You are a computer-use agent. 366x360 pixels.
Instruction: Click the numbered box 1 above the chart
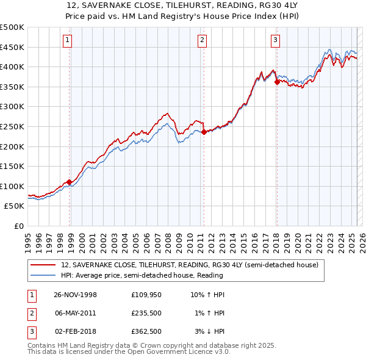point(66,41)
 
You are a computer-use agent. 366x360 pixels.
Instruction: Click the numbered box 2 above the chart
point(202,41)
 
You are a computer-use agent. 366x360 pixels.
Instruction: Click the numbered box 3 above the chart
point(275,41)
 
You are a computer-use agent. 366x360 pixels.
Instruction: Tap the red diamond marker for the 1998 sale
point(70,182)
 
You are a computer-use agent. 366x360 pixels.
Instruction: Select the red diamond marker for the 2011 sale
point(204,132)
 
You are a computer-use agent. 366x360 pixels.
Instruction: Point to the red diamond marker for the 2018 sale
point(277,82)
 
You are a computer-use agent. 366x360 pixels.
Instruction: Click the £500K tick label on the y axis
point(12,27)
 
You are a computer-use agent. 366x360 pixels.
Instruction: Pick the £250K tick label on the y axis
point(12,126)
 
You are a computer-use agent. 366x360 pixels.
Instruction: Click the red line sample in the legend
point(43,265)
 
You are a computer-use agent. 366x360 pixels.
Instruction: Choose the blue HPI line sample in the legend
point(43,275)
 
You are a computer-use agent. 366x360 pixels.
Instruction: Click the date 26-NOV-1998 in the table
point(76,295)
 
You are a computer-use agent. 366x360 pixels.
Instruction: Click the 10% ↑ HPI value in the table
point(208,295)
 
